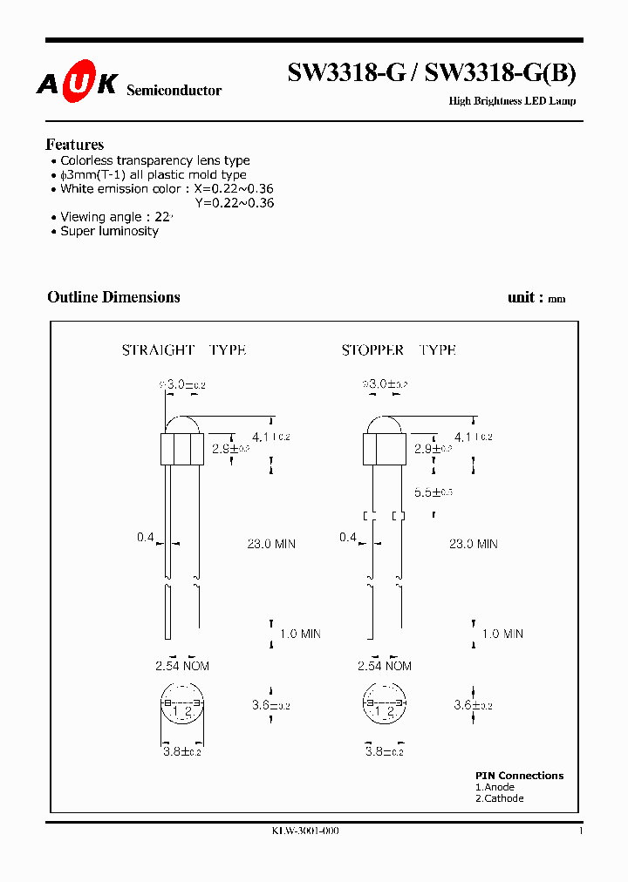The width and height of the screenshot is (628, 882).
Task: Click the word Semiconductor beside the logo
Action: [174, 91]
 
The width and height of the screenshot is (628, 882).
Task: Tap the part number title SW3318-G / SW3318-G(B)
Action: [432, 75]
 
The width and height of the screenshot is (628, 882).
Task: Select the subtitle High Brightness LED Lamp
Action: [512, 101]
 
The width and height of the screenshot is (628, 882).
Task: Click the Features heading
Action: [74, 145]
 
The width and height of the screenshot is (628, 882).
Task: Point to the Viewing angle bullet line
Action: [116, 217]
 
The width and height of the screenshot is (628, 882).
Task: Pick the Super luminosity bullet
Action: [109, 231]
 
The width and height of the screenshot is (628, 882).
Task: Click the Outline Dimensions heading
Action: [113, 297]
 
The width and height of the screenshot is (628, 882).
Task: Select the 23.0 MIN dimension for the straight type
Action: [271, 544]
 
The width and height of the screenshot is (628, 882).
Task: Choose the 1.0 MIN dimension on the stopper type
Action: [502, 634]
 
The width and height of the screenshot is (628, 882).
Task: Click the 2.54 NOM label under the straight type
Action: [182, 666]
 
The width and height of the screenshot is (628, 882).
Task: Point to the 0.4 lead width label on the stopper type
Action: [347, 538]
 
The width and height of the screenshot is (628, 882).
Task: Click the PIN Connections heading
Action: [519, 776]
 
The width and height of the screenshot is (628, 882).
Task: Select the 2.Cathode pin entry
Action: [500, 798]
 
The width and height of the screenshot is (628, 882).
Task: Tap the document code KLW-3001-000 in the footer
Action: [305, 831]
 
